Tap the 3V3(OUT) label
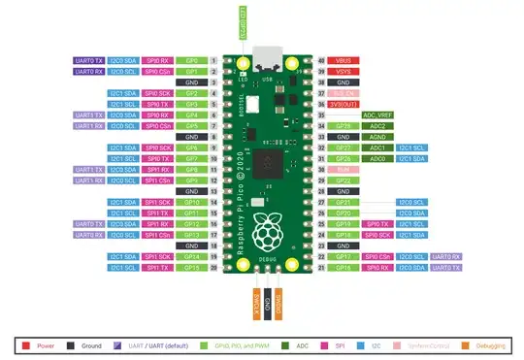pos(347,104)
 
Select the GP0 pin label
pos(191,60)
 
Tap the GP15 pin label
pos(191,268)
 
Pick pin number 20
pos(213,268)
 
